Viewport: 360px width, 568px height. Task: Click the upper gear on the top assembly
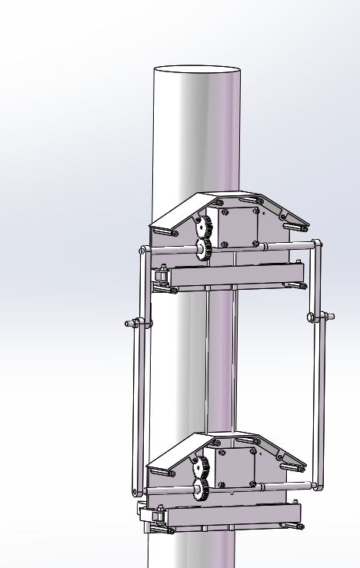click(x=204, y=227)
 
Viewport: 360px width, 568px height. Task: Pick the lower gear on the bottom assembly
click(x=202, y=490)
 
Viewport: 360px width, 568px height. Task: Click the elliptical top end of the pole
click(x=198, y=69)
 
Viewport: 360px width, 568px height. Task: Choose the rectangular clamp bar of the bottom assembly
click(x=231, y=516)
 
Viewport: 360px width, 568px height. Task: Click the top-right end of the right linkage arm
click(x=317, y=246)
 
